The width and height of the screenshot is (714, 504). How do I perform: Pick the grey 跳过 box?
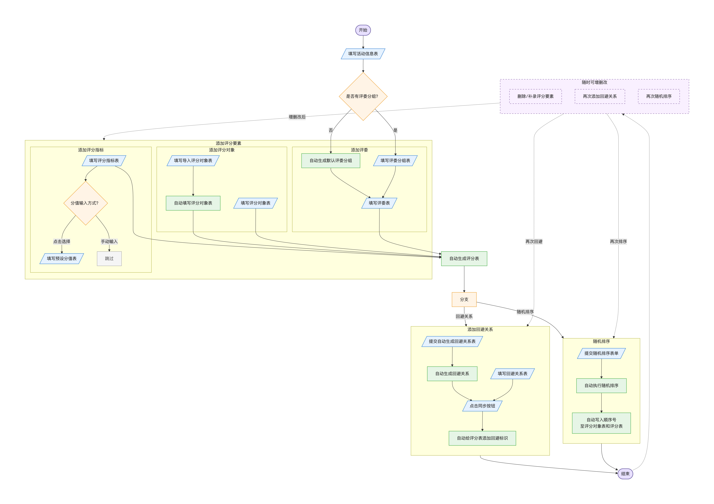pos(109,259)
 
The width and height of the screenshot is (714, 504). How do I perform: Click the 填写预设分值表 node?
pos(62,259)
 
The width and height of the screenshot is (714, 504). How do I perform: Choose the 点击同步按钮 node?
pos(482,406)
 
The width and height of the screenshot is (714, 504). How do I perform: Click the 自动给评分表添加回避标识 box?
pos(482,438)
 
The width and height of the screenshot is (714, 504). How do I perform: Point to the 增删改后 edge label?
pos(297,117)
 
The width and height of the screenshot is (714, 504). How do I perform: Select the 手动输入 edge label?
pos(109,241)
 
